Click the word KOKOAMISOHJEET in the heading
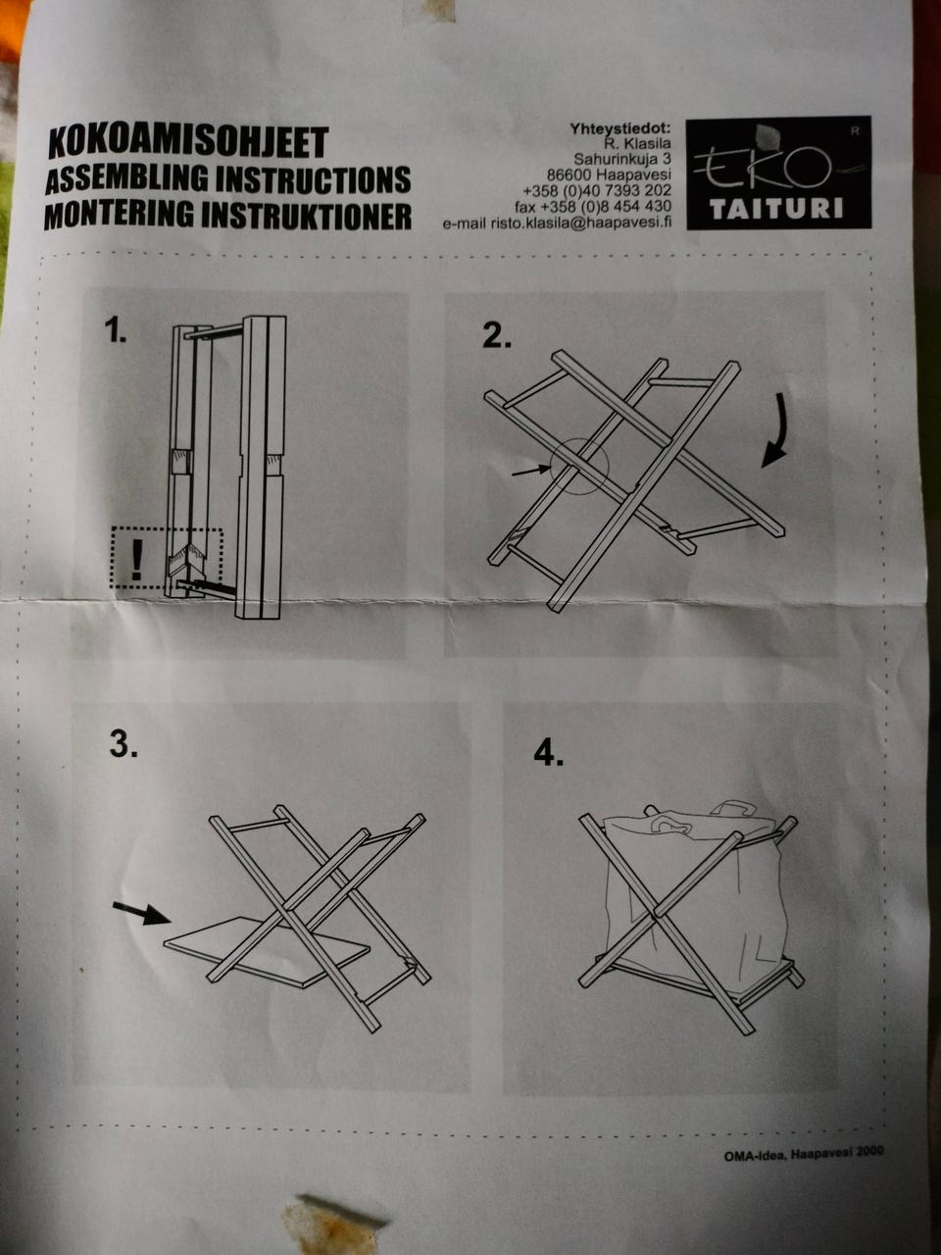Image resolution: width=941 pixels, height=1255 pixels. point(186,143)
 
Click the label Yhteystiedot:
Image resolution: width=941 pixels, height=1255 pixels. point(619,127)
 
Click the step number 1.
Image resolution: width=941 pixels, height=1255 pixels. point(117,332)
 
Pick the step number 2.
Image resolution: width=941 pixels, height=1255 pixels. point(496,336)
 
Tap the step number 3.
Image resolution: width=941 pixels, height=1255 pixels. point(123,745)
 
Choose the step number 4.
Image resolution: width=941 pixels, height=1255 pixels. point(549,753)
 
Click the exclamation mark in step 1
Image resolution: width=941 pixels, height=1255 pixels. point(136,559)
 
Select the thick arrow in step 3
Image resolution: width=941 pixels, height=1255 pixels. point(137,912)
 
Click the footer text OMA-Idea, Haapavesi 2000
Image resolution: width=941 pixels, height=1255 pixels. point(803,1153)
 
